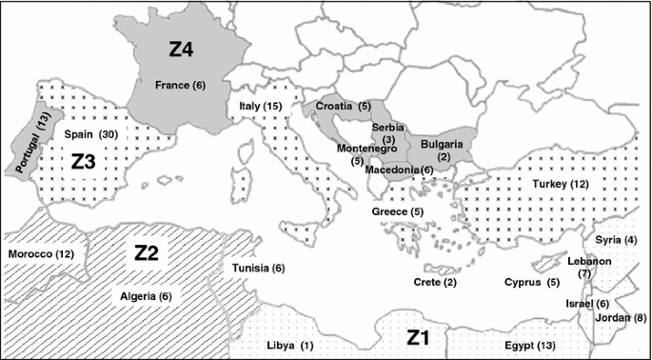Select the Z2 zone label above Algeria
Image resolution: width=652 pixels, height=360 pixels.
147,253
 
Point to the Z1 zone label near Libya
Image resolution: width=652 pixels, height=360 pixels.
419,337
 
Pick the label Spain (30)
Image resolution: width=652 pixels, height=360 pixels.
90,134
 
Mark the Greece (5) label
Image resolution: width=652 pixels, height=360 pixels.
397,210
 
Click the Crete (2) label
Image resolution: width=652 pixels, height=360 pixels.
436,282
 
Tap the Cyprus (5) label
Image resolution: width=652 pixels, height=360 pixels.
532,283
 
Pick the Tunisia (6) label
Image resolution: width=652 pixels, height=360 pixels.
258,269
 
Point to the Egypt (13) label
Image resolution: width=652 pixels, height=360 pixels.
532,344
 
